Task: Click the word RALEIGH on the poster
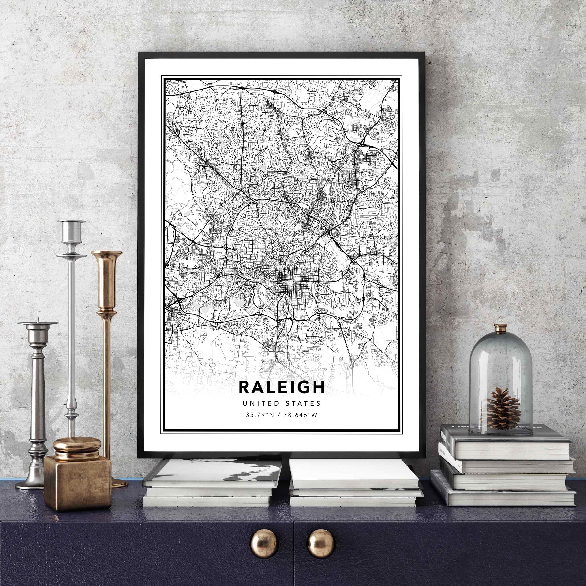click(282, 387)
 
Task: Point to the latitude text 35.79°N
click(260, 415)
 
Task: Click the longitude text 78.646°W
click(300, 415)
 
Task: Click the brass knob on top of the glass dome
click(500, 328)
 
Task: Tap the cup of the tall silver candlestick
click(71, 231)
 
